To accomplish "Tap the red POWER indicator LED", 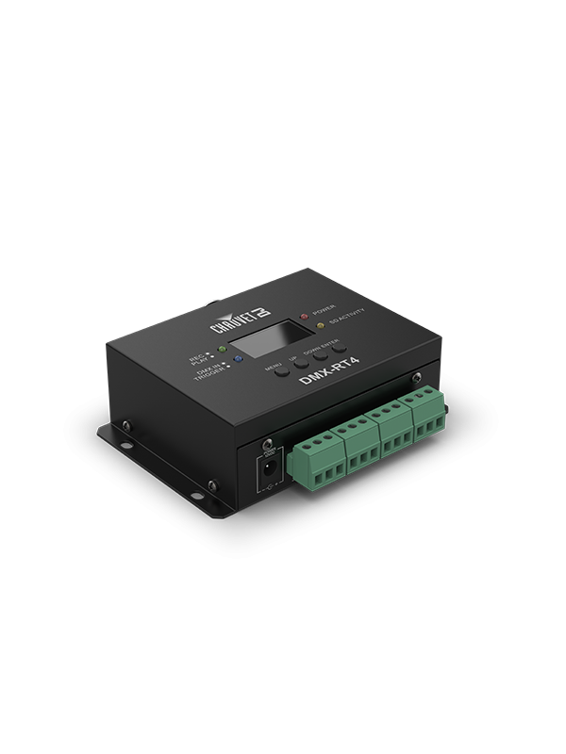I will click(x=304, y=316).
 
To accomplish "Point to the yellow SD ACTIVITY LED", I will click(x=320, y=327).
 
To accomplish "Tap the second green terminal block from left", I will click(x=355, y=438).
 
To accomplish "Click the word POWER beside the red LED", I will click(x=325, y=307).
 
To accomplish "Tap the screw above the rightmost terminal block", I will click(x=416, y=379).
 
